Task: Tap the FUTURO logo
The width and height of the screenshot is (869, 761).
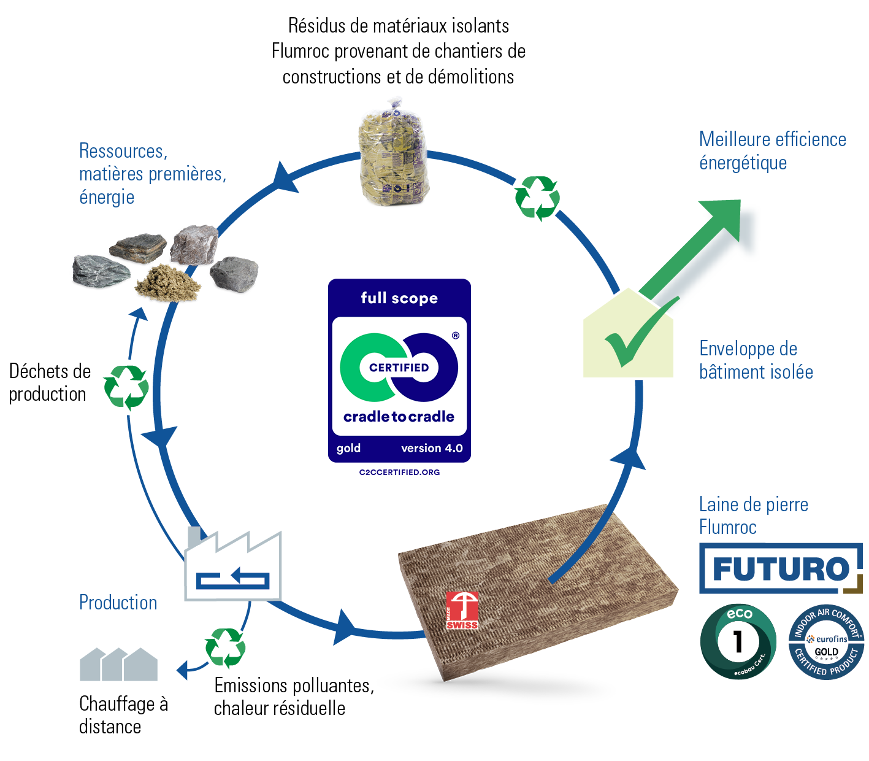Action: coord(780,568)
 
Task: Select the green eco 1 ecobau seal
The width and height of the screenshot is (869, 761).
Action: coord(738,642)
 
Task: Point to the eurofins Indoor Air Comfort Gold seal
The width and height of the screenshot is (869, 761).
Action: coord(826,642)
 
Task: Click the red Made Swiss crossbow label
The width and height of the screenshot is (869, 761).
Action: coord(462,610)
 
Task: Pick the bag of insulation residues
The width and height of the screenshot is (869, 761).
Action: coord(392,157)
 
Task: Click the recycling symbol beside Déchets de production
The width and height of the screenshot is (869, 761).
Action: coord(126,387)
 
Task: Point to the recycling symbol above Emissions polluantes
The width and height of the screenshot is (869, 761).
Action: coord(225,648)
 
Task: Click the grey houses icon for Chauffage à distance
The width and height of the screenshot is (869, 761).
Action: coord(118,665)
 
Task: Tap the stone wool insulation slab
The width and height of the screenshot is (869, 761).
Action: coord(540,589)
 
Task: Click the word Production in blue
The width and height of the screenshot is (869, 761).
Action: coord(118,603)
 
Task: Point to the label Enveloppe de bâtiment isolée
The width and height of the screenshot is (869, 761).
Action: coord(756,360)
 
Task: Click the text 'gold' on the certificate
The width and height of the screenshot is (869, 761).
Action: coord(348,448)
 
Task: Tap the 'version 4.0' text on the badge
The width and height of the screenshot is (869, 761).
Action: coord(432,448)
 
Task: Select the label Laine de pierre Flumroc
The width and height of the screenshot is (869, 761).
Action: coord(753,516)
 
